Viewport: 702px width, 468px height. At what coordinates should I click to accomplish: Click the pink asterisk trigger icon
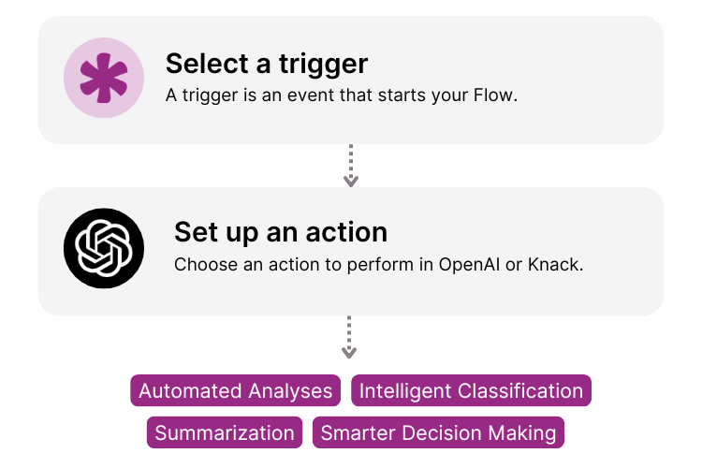click(104, 79)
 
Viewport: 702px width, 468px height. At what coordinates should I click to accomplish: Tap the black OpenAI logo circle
click(104, 248)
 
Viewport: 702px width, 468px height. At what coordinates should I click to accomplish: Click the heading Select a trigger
click(267, 64)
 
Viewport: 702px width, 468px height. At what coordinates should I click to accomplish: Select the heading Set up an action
click(281, 232)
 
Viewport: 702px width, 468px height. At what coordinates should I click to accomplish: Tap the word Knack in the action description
click(555, 264)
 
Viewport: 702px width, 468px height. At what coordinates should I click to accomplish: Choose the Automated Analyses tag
click(236, 391)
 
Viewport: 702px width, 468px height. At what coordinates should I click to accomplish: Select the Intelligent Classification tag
click(471, 391)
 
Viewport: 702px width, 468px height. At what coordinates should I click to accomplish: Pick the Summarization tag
click(225, 432)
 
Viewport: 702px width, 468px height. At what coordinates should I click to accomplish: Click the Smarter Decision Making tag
click(438, 432)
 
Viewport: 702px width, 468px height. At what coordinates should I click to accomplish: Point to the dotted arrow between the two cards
click(351, 166)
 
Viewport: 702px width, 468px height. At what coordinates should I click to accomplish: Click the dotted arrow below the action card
click(349, 337)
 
